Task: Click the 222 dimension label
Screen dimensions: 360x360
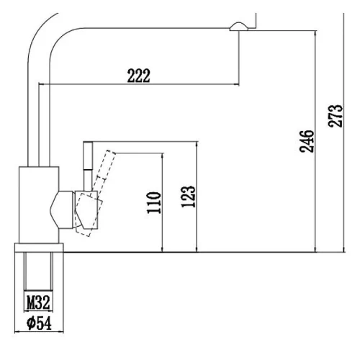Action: point(139,76)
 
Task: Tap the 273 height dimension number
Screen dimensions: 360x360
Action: point(335,116)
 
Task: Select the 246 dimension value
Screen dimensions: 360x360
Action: point(307,141)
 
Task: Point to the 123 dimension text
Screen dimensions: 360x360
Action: point(188,197)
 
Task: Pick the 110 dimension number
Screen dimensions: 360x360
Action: point(153,202)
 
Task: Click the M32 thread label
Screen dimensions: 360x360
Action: point(38,302)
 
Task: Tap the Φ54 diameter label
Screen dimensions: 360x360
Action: point(39,323)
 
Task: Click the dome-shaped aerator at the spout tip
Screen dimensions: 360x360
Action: point(239,26)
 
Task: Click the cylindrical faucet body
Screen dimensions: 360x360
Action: point(39,204)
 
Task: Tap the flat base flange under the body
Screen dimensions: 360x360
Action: point(39,248)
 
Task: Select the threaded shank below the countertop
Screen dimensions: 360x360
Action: point(38,271)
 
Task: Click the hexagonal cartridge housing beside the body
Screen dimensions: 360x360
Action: point(62,210)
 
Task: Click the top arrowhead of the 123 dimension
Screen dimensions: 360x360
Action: point(197,144)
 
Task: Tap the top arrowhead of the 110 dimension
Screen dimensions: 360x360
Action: point(163,156)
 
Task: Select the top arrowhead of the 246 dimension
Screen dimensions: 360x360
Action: point(315,33)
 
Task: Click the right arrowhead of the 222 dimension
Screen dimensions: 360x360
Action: point(237,84)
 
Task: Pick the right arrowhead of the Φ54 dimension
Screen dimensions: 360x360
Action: point(61,332)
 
